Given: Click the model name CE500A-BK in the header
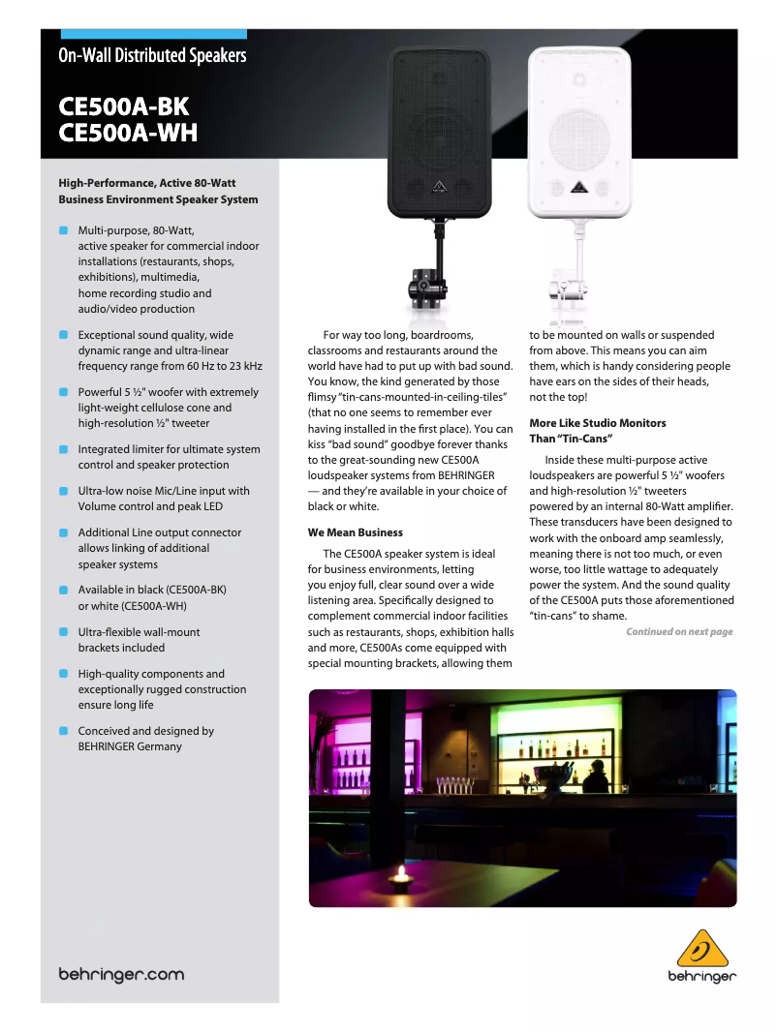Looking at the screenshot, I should point(124,106).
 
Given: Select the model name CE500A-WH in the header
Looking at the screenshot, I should point(128,132).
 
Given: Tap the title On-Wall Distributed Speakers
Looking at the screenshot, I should point(152,55).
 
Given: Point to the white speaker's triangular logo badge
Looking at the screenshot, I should point(578,186).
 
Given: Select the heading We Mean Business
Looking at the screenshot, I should point(356,532).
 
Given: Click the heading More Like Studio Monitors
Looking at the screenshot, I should point(597,423).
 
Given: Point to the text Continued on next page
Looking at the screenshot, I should point(679,632).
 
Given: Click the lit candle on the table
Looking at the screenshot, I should point(400,875).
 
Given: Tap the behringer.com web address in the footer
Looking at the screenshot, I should point(121,974).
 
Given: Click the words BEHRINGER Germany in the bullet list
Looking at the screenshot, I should point(130,746).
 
